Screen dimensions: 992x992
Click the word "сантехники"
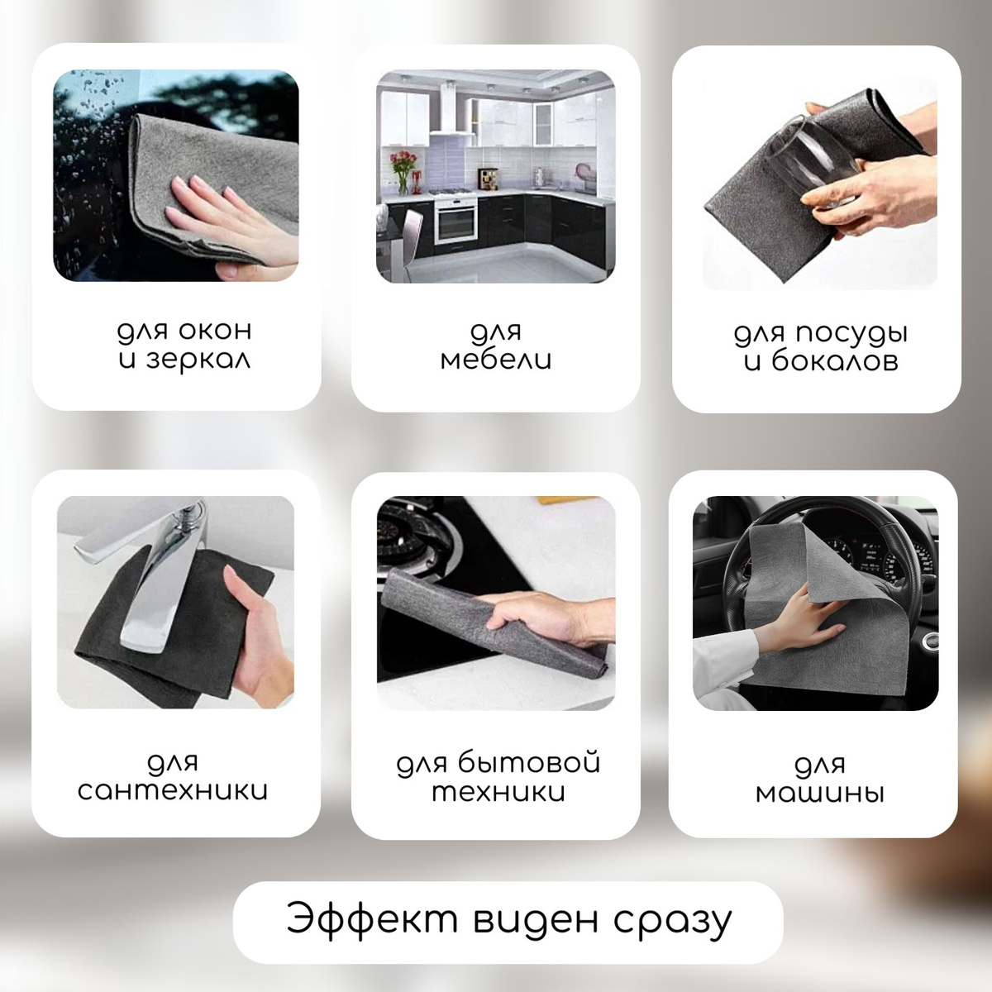173,791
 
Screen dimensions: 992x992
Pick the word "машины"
819,794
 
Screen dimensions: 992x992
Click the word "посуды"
851,334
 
